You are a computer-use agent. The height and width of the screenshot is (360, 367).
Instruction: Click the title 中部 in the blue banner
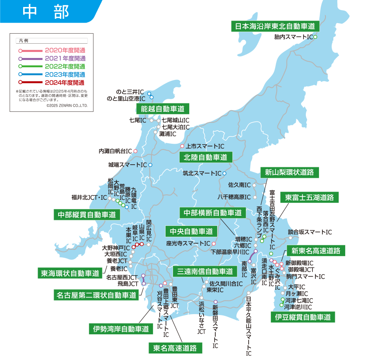point(45,12)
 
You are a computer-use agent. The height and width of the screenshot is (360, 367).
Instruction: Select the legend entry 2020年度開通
point(65,50)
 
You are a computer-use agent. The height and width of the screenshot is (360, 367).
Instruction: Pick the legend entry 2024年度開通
point(65,82)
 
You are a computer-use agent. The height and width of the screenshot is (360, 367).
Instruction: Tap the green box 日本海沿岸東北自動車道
point(275,26)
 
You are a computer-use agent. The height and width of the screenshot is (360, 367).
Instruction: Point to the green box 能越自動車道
point(162,108)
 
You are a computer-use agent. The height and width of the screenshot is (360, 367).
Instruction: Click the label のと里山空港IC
point(126,99)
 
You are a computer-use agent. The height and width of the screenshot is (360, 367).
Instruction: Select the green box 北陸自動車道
point(206,157)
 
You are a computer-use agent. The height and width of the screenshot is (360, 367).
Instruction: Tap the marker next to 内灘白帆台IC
point(135,151)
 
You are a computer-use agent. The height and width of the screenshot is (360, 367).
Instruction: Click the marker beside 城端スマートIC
point(150,165)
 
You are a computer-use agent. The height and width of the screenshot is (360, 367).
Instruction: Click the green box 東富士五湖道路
point(310,197)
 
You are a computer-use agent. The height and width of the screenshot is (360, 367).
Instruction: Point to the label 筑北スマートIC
point(202,173)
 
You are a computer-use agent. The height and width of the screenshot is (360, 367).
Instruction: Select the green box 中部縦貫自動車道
point(87,215)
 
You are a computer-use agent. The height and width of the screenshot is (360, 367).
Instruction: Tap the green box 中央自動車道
point(191,231)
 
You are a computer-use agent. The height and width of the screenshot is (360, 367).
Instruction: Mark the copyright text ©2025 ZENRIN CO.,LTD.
point(67,105)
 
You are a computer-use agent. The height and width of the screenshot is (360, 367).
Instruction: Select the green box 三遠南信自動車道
point(205,271)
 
